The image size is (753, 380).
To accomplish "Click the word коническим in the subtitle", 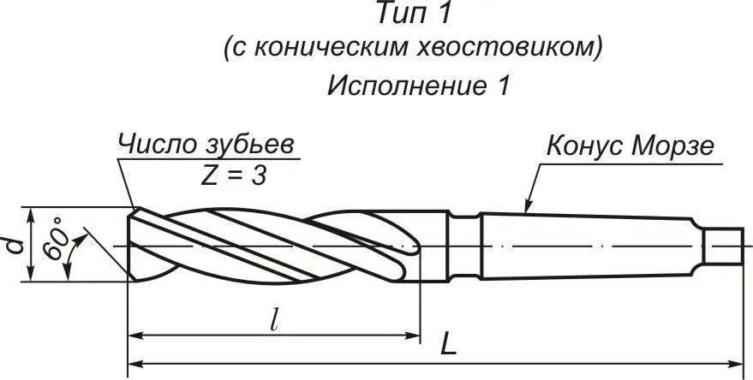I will [320, 48].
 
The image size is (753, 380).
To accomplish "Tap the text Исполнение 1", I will [418, 86].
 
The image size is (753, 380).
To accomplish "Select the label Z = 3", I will [233, 175].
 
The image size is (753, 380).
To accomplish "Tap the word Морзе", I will [673, 145].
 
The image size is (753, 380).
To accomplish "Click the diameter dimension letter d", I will [13, 245].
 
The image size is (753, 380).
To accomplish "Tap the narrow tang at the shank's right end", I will [725, 245].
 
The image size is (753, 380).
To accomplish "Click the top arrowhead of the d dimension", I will [32, 213].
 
